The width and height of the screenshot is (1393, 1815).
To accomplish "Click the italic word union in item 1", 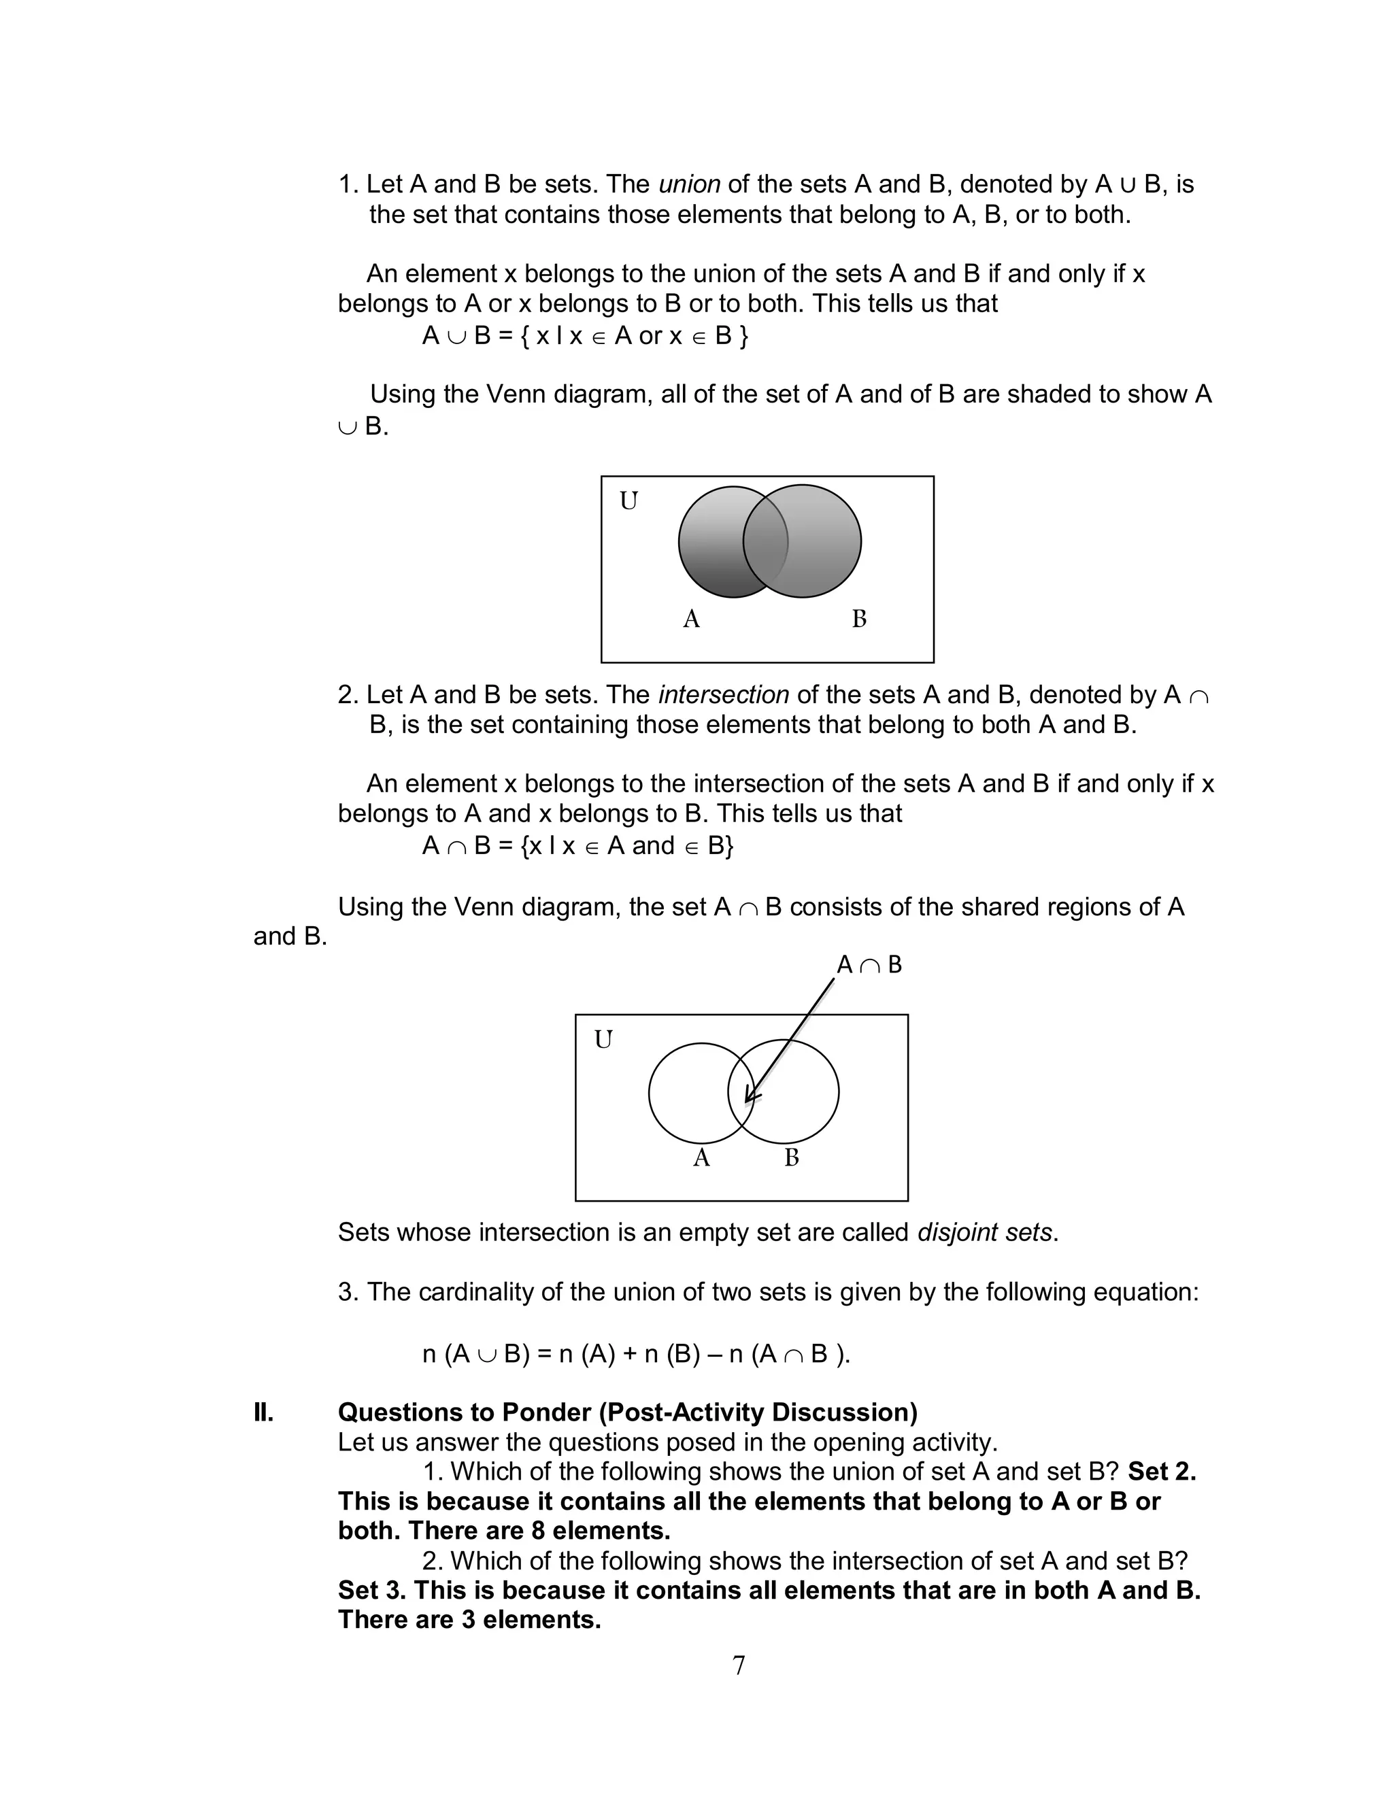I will click(x=689, y=184).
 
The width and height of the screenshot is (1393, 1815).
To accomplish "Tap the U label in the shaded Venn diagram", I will click(x=628, y=501).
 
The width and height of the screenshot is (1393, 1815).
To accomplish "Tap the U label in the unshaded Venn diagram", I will click(x=603, y=1039).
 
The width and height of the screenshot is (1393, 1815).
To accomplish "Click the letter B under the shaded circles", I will click(x=859, y=619).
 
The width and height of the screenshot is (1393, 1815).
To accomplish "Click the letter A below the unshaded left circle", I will click(x=701, y=1158).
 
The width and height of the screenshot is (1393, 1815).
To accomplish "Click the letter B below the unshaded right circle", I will click(x=792, y=1158).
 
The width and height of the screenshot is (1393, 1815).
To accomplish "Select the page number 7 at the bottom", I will click(x=739, y=1665).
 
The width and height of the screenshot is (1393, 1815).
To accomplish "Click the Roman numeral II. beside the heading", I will click(x=264, y=1412).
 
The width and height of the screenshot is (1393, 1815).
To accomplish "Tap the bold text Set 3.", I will click(x=371, y=1591).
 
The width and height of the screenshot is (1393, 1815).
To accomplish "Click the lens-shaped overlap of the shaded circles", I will click(x=765, y=541).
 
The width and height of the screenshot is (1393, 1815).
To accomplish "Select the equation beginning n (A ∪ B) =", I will click(x=636, y=1353).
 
